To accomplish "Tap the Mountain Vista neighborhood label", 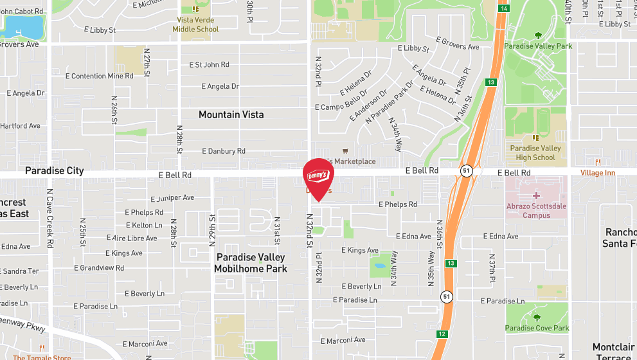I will tap(231, 114).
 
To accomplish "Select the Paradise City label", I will tap(54, 170).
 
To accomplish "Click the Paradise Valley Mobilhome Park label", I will tap(250, 263).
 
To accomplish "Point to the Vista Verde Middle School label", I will tap(198, 24).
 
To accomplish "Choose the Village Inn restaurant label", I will tap(597, 173).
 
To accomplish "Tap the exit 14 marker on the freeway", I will tap(505, 8).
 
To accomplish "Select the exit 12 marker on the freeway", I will tap(441, 334).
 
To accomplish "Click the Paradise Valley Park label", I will tap(538, 46).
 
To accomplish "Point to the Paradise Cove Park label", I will tap(537, 328).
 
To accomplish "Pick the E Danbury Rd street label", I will tap(223, 151).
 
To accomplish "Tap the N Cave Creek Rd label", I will tap(49, 217).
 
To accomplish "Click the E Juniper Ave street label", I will tap(172, 198).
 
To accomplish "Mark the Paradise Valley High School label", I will tap(535, 152).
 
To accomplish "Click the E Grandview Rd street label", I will tap(99, 267).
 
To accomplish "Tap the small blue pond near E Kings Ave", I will tap(379, 265).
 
